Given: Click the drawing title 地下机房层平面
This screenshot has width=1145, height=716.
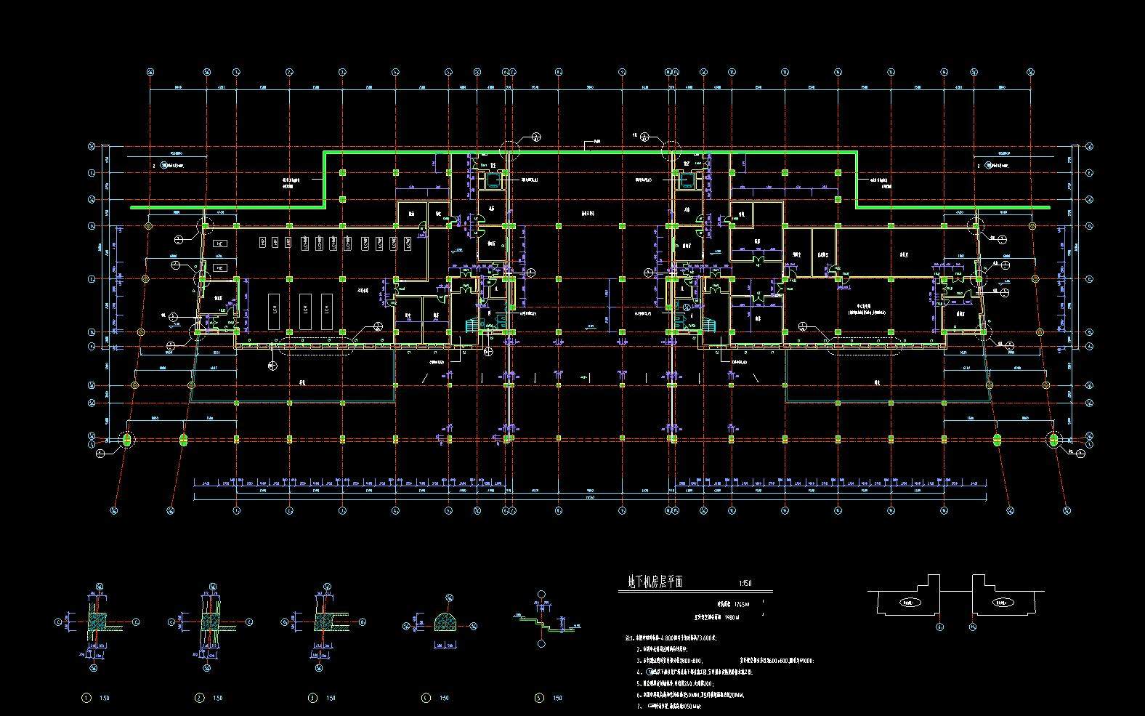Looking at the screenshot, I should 655,582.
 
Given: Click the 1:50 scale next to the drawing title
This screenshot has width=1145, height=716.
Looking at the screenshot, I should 745,583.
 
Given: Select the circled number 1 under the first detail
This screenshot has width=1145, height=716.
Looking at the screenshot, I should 86,699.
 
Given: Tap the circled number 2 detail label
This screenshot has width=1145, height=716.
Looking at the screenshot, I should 200,699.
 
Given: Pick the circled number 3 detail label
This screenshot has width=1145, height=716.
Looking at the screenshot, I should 313,699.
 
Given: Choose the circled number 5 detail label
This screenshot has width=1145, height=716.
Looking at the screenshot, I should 539,699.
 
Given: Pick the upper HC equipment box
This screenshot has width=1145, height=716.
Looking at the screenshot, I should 219,244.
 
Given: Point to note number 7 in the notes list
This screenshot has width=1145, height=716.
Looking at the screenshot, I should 639,706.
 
